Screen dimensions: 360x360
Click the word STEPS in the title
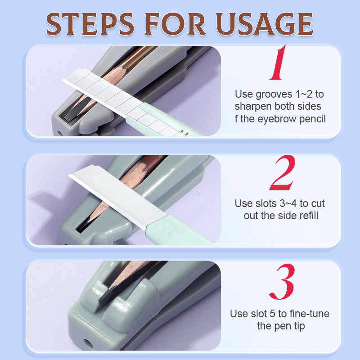tap(90, 24)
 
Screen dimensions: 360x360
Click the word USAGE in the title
tap(265, 24)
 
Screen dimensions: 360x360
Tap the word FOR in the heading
tap(175, 24)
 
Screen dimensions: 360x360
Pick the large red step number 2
tap(283, 173)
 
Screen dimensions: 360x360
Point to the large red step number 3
tap(282, 282)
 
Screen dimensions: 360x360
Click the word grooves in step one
tap(274, 94)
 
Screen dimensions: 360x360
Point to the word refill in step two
tap(308, 216)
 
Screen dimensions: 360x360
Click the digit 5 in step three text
tap(273, 314)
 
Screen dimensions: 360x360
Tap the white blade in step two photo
tap(117, 195)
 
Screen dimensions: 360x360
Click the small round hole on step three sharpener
tap(87, 343)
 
